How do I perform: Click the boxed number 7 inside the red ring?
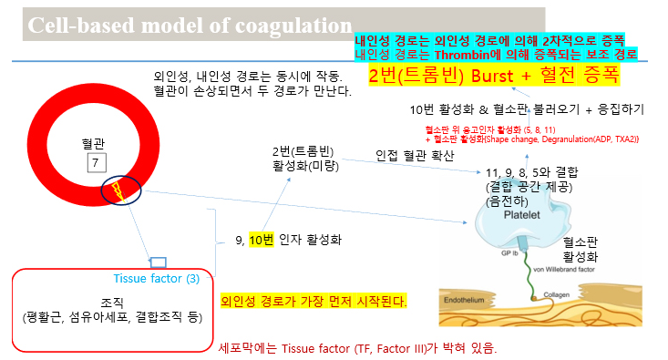point(96,163)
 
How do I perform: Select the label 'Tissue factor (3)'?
point(157,279)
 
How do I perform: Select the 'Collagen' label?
point(559,295)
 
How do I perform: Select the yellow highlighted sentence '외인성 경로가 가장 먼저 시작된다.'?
point(314,300)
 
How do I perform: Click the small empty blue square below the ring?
point(159,262)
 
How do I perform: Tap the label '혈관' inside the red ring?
point(94,144)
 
